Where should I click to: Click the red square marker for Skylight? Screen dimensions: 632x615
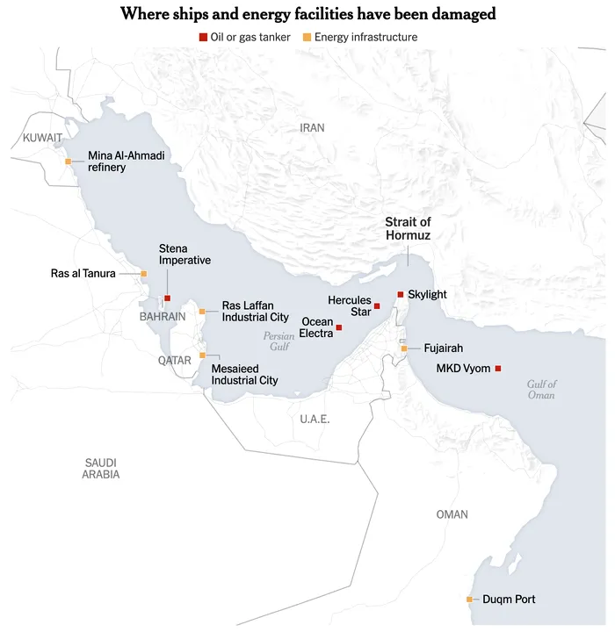pyautogui.click(x=401, y=294)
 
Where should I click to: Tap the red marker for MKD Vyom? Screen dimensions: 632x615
pyautogui.click(x=498, y=368)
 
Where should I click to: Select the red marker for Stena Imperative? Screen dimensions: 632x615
pyautogui.click(x=167, y=298)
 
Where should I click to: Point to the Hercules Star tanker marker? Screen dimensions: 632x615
pyautogui.click(x=377, y=305)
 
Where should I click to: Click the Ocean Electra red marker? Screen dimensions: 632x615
pyautogui.click(x=339, y=327)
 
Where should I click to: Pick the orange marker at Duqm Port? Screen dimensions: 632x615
pyautogui.click(x=469, y=600)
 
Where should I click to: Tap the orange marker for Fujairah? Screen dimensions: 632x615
pyautogui.click(x=404, y=348)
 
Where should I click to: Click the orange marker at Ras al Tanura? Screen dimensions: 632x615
pyautogui.click(x=144, y=274)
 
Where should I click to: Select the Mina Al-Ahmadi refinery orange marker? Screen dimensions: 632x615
pyautogui.click(x=69, y=162)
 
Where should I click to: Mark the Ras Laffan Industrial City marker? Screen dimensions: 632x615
pyautogui.click(x=202, y=312)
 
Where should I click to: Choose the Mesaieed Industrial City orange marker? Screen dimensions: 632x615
pyautogui.click(x=203, y=355)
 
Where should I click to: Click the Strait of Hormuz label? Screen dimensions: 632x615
pyautogui.click(x=408, y=229)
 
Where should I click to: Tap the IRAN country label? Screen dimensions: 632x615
pyautogui.click(x=312, y=128)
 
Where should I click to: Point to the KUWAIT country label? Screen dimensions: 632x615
pyautogui.click(x=42, y=138)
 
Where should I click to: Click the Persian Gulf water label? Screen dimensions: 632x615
pyautogui.click(x=279, y=341)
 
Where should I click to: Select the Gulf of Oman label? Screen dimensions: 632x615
pyautogui.click(x=541, y=390)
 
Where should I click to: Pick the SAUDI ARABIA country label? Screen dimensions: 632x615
pyautogui.click(x=101, y=469)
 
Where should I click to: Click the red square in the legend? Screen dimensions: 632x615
pyautogui.click(x=204, y=37)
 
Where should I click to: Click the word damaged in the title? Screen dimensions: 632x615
pyautogui.click(x=463, y=13)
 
